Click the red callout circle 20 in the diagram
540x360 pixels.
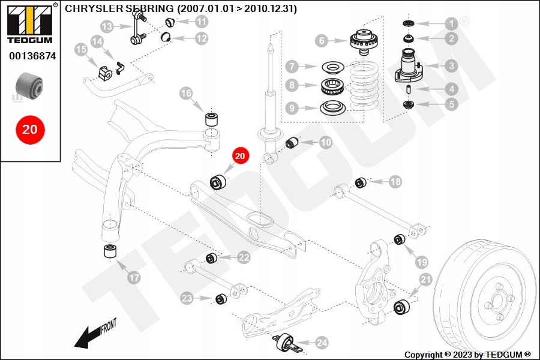pyautogui.click(x=239, y=156)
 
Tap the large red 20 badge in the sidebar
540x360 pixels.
pyautogui.click(x=30, y=130)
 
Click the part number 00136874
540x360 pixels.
pyautogui.click(x=32, y=56)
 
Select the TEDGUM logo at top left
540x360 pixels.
pyautogui.click(x=31, y=23)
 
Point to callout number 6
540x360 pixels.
pyautogui.click(x=322, y=41)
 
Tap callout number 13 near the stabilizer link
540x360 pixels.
pyautogui.click(x=107, y=26)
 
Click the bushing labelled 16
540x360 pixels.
pyautogui.click(x=212, y=119)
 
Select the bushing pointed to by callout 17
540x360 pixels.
pyautogui.click(x=110, y=251)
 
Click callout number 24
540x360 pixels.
pyautogui.click(x=322, y=343)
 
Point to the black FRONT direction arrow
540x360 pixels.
pyautogui.click(x=87, y=338)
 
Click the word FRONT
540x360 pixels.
pyautogui.click(x=109, y=326)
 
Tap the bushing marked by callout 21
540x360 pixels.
pyautogui.click(x=401, y=307)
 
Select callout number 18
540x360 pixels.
pyautogui.click(x=395, y=182)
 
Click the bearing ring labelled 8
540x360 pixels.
pyautogui.click(x=332, y=87)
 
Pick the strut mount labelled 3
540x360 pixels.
pyautogui.click(x=410, y=66)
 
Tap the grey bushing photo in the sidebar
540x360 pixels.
pyautogui.click(x=29, y=85)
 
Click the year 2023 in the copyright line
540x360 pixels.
pyautogui.click(x=463, y=355)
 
